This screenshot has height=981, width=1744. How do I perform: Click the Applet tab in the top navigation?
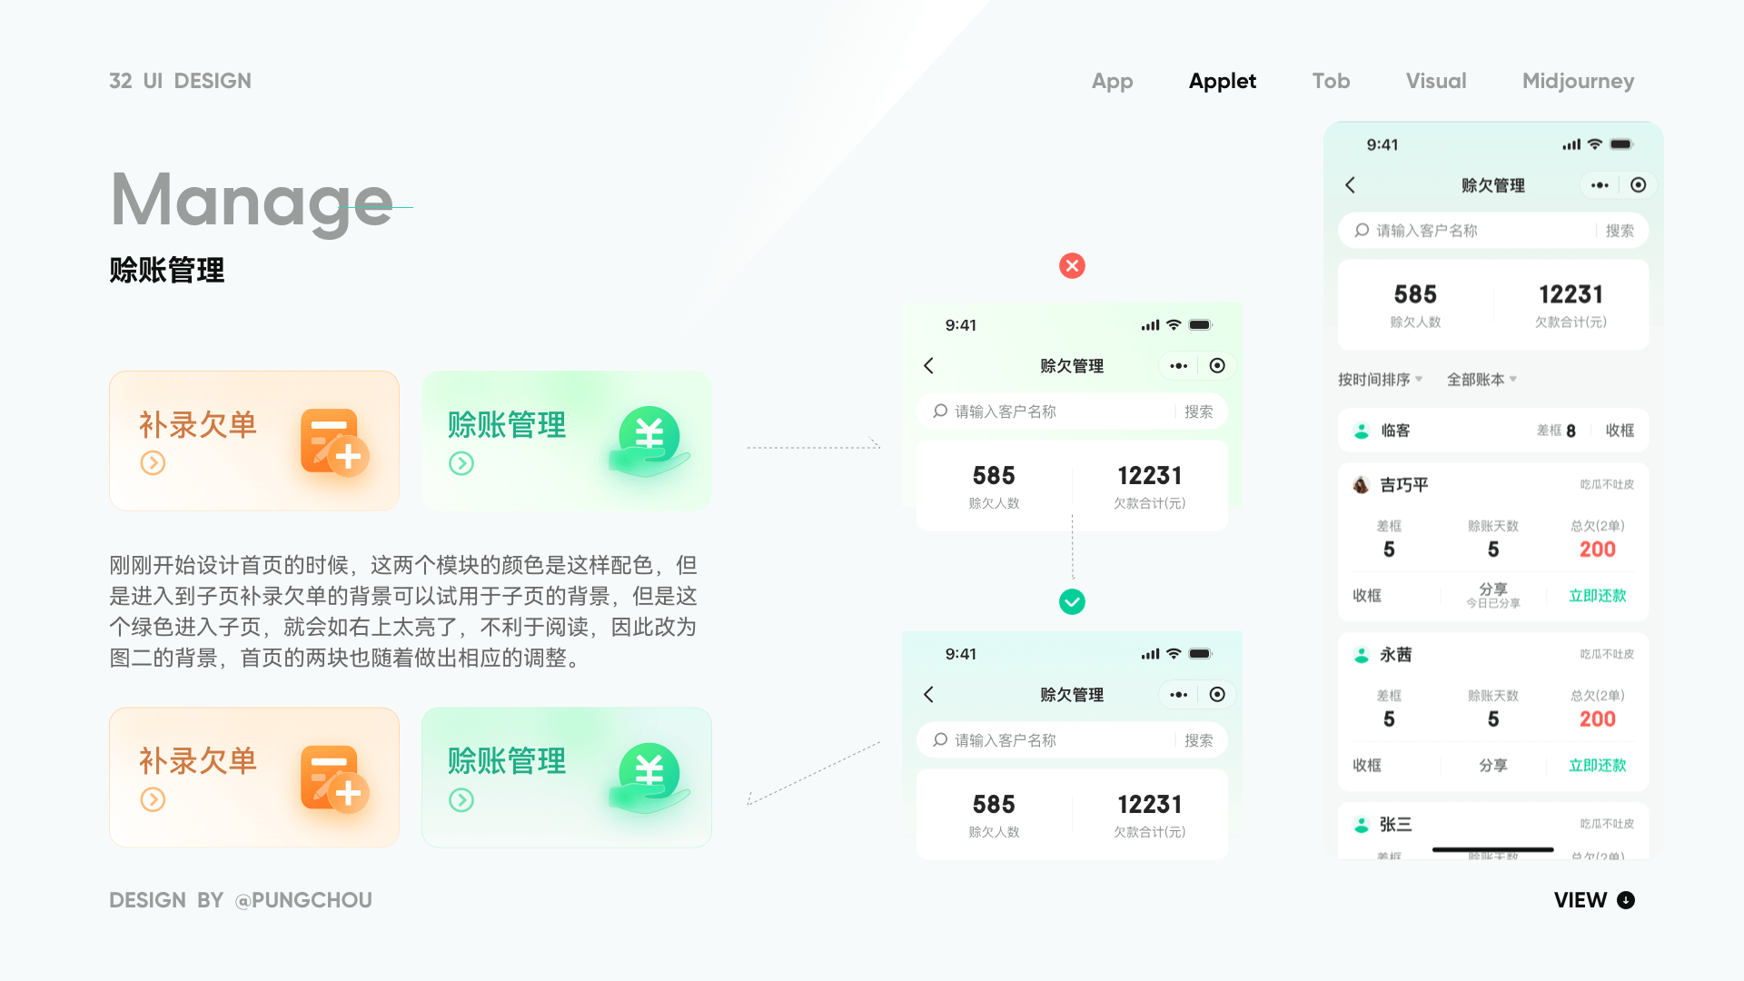(x=1222, y=81)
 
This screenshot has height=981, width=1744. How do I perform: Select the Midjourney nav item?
(x=1578, y=81)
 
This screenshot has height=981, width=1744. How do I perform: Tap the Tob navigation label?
(x=1331, y=81)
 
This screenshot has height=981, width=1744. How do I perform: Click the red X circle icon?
(x=1072, y=266)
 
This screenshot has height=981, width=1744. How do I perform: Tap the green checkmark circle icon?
(x=1072, y=601)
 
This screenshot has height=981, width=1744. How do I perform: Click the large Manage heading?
(x=252, y=200)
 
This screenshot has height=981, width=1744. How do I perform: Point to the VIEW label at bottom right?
(x=1580, y=900)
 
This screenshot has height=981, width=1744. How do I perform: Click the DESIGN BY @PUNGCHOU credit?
(x=241, y=900)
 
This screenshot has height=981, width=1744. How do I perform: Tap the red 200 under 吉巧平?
(x=1597, y=550)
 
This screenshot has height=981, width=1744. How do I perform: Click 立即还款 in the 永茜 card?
(x=1597, y=766)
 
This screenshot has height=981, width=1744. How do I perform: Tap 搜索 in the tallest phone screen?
(x=1620, y=231)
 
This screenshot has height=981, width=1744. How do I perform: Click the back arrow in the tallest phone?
(x=1351, y=185)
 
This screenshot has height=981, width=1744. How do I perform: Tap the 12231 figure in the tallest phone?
(x=1571, y=294)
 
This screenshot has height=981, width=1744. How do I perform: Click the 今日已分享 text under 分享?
(x=1492, y=603)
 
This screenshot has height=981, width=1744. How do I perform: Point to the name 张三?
(x=1395, y=825)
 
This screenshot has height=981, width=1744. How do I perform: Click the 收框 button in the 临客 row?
(x=1620, y=431)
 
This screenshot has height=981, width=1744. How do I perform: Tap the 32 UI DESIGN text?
(x=180, y=81)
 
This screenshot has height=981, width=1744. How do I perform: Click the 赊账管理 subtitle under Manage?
(x=167, y=270)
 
